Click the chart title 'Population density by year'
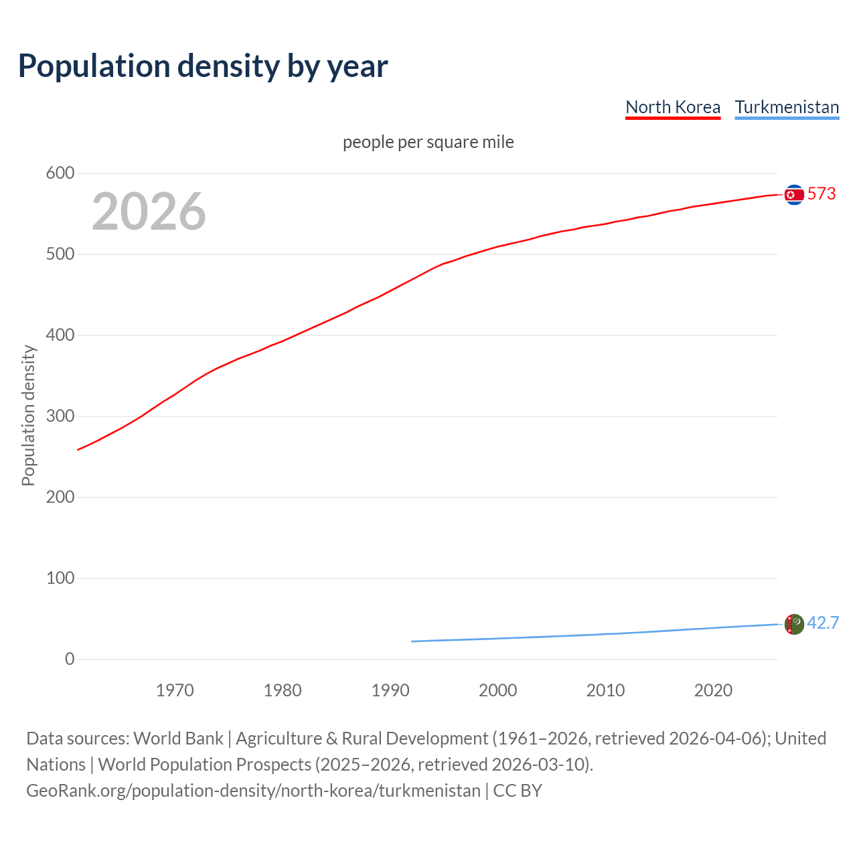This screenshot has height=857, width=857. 203,66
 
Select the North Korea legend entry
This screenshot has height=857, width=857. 672,107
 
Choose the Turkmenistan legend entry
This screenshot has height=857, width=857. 787,107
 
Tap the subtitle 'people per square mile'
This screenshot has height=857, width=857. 428,142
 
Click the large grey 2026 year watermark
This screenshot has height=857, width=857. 149,212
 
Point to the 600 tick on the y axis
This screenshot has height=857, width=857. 60,173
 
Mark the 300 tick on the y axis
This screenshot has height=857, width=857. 60,416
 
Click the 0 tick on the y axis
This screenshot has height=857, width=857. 70,659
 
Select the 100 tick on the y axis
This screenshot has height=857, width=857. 60,578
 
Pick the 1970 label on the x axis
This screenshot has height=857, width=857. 175,690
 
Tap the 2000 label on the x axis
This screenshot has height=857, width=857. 497,690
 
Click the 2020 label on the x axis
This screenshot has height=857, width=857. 713,690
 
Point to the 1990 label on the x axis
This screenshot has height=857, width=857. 390,690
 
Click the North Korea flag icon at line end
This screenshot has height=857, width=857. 794,195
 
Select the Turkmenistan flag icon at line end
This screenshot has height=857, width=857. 794,624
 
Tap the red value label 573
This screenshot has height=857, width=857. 822,194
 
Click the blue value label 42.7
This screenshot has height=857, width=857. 823,623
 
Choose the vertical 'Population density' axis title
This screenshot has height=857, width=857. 28,415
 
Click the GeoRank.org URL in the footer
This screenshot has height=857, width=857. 253,791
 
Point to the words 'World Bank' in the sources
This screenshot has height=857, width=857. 178,738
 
